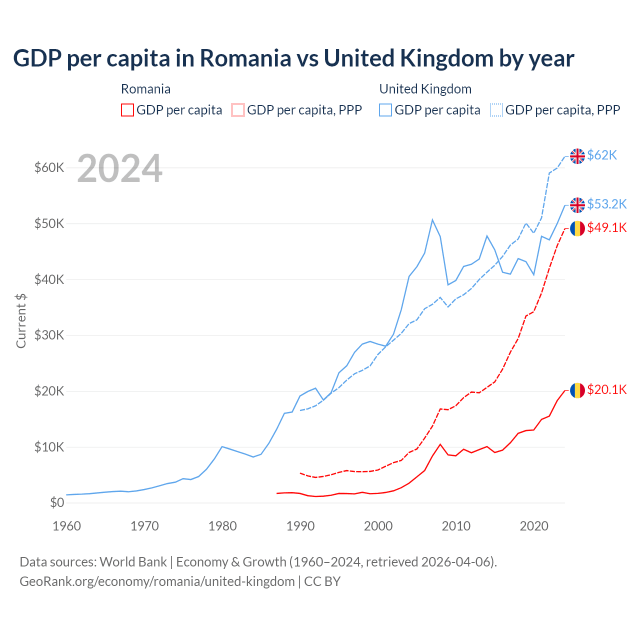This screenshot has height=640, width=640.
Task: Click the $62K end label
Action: coord(602,155)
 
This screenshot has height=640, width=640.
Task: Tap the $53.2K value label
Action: coord(606,204)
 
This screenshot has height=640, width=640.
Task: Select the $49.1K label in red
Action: coord(606,228)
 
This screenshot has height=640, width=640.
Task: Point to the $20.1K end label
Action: coord(606,390)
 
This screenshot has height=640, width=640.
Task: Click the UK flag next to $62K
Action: coord(577,156)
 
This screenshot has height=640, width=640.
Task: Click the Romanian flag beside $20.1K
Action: coord(577,390)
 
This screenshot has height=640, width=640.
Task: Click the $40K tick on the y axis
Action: coord(49,279)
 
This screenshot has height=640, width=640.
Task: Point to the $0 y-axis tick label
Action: coord(57,503)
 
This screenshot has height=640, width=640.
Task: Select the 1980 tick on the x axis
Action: coord(222,526)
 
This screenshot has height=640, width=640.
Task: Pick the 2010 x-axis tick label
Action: coord(456,526)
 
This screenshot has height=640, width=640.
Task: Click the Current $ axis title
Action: coord(21,321)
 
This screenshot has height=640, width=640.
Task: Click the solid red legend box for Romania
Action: coord(127,110)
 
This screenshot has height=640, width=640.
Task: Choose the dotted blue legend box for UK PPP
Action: coord(496,110)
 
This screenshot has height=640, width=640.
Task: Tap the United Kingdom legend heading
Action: coord(425,89)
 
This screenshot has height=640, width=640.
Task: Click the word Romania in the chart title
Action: coord(245,58)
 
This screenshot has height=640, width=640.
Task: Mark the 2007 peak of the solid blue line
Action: coord(432,219)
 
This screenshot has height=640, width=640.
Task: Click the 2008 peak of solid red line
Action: coord(440,444)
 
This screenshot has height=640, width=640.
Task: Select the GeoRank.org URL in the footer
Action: coord(157,581)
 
